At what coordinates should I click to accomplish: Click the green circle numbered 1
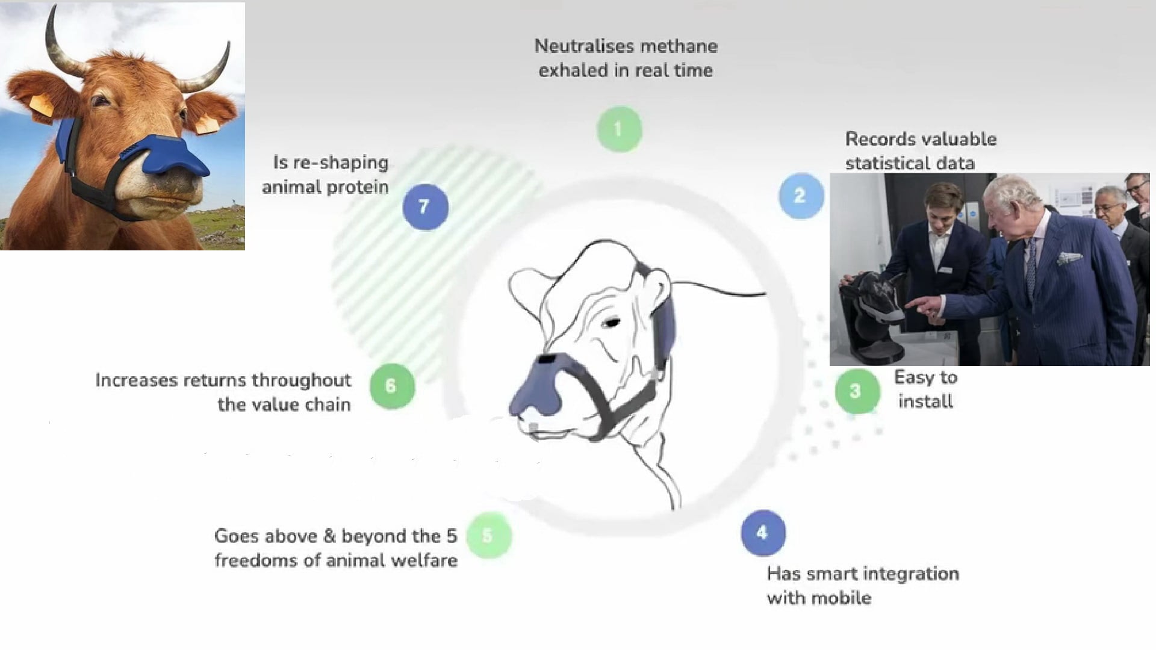(x=619, y=129)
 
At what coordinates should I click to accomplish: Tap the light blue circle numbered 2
(x=801, y=195)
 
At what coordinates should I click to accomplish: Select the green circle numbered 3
(x=857, y=391)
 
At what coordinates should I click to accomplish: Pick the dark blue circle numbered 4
(x=763, y=533)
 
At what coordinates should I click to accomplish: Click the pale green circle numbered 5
(x=488, y=535)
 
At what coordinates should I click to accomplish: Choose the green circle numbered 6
(x=392, y=386)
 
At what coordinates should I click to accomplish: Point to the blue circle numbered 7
(x=425, y=206)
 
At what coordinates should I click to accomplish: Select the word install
(x=925, y=401)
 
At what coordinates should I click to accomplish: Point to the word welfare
(x=424, y=560)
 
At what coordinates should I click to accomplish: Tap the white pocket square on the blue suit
(x=1069, y=258)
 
